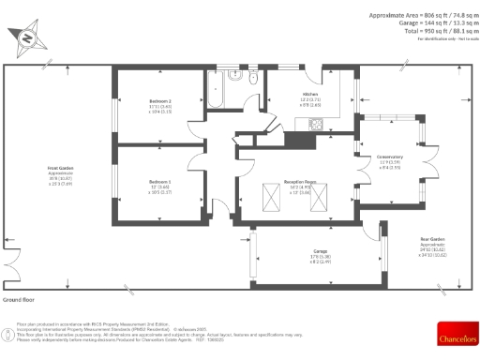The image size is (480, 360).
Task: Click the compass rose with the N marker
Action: [x=27, y=37]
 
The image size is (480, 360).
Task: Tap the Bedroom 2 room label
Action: [x=160, y=104]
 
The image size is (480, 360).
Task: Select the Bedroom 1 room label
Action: [x=160, y=185]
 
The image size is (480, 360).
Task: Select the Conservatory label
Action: [x=390, y=160]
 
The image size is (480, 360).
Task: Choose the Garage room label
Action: [x=320, y=255]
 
